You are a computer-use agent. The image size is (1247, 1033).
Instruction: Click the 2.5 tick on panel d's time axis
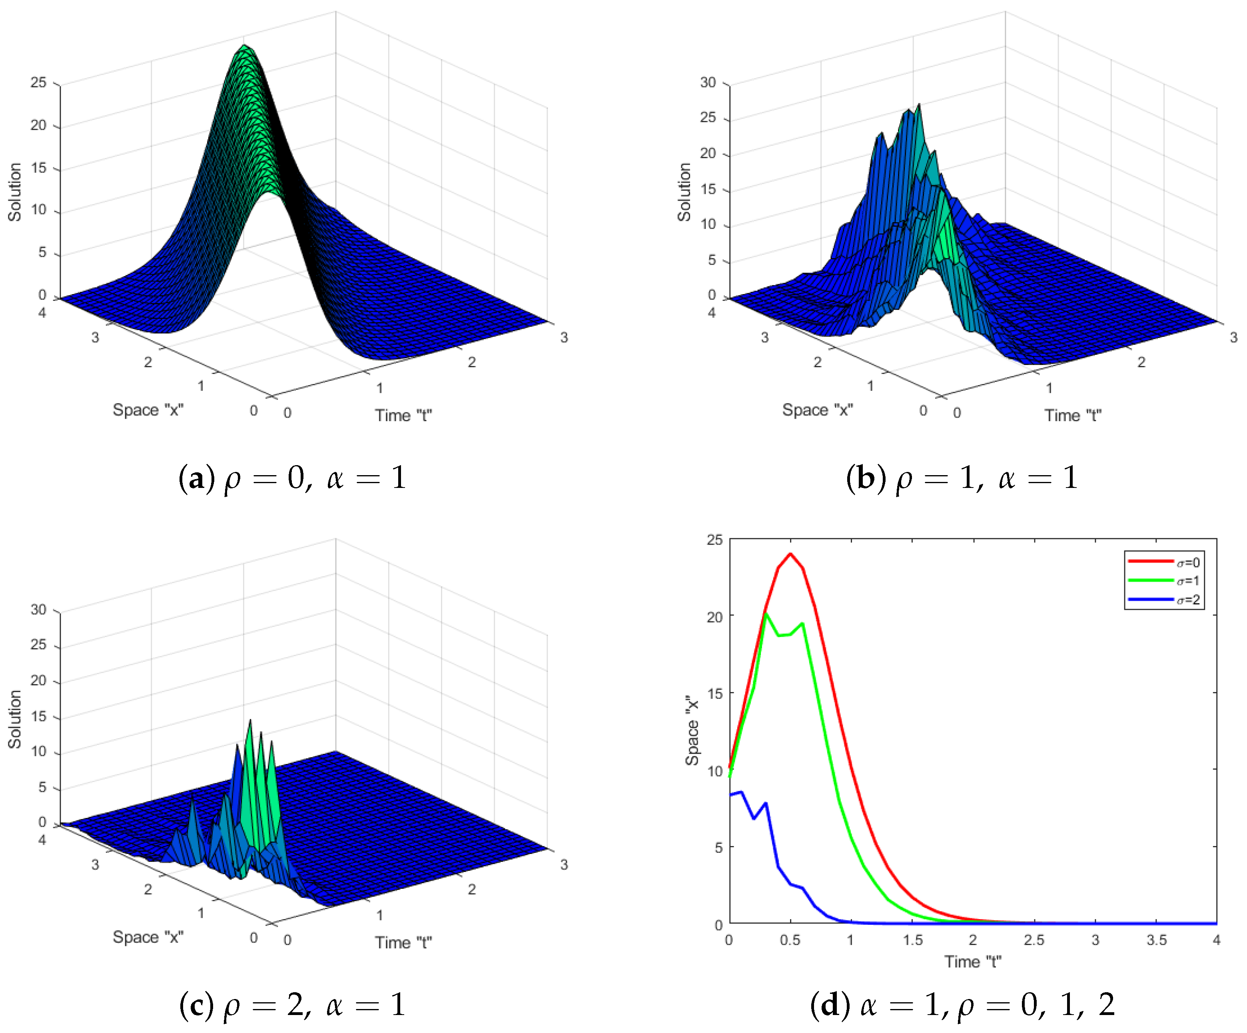1034,940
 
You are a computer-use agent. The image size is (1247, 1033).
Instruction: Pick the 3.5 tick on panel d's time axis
1156,940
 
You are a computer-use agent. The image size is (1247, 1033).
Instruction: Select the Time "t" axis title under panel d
973,962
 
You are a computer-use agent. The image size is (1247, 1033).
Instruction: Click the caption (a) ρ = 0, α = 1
292,478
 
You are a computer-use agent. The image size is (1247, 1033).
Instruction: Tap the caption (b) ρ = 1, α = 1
962,478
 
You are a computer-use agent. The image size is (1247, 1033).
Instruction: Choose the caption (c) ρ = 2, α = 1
292,1005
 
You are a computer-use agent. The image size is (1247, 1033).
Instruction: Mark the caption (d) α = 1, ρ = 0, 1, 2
962,1005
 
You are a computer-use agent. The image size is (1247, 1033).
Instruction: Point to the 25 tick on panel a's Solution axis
39,83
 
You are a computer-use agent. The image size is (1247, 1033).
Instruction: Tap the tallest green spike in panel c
250,721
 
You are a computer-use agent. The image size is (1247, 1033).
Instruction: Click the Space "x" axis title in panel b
818,410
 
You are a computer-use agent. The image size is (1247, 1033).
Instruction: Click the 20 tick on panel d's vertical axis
715,617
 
